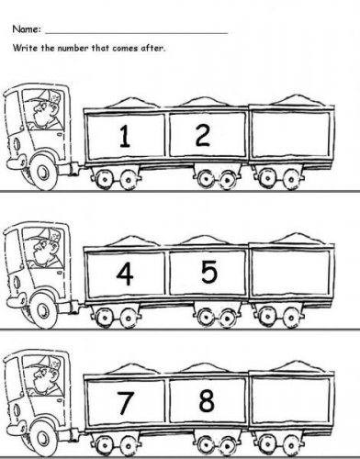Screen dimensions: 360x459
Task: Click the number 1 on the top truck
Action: [124, 136]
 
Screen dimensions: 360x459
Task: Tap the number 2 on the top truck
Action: [203, 135]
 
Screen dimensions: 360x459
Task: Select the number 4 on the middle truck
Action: [125, 274]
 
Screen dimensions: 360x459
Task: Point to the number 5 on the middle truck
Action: [209, 272]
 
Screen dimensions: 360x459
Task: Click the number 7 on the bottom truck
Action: [126, 403]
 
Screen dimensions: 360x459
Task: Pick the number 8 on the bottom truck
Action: [207, 400]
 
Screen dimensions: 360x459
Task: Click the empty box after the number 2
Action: [291, 133]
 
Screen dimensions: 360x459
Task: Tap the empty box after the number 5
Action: [291, 272]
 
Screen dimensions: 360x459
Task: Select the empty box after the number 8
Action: [291, 401]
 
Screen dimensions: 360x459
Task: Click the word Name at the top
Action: [26, 29]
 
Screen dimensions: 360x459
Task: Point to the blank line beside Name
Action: [137, 32]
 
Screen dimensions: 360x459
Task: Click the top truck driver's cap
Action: [43, 96]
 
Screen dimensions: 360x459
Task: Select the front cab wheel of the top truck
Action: [44, 173]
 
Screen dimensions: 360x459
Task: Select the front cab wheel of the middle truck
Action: [44, 310]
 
